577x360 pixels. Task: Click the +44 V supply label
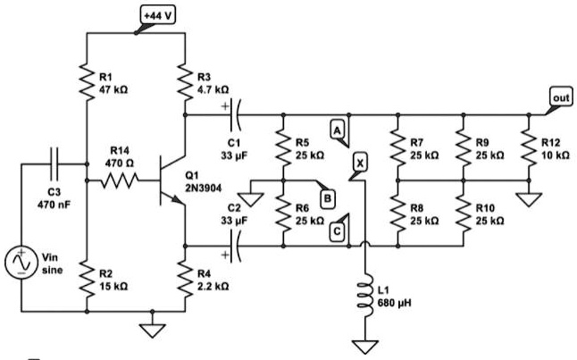click(x=159, y=14)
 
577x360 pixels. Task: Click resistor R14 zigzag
click(x=120, y=181)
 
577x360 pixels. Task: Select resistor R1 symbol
click(x=88, y=83)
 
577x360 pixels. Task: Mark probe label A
click(x=338, y=130)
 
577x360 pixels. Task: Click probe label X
click(x=359, y=163)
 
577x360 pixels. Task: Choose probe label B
click(x=327, y=196)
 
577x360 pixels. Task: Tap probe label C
click(x=338, y=230)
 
